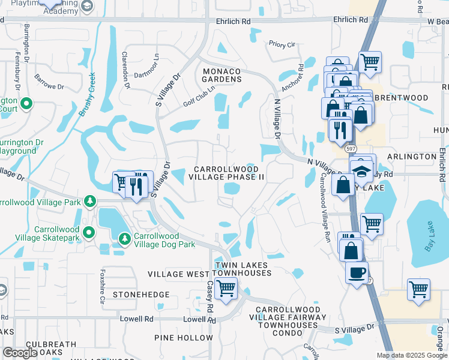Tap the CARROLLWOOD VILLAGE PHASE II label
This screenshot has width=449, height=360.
click(226, 173)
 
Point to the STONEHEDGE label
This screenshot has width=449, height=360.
click(141, 295)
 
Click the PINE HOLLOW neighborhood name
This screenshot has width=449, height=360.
click(181, 338)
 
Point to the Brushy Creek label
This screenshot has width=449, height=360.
click(85, 94)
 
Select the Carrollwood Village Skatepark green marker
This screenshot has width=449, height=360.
click(89, 232)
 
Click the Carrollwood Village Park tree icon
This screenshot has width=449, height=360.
click(89, 200)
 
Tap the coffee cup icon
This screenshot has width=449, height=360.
click(357, 272)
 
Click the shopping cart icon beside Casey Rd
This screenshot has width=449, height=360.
click(226, 288)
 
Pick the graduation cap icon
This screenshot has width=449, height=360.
click(361, 169)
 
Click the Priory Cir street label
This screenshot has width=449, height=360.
click(282, 44)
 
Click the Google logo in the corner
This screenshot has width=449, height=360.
click(20, 353)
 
